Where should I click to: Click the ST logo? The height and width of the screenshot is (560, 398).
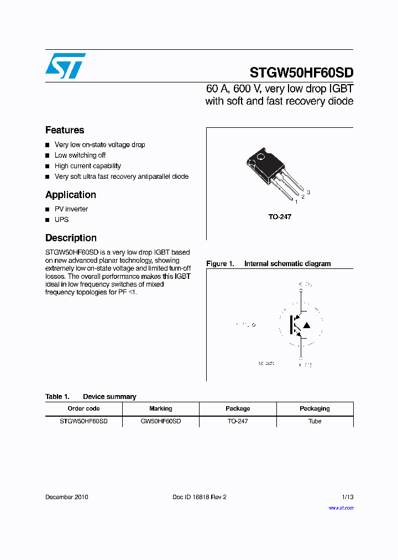(65, 66)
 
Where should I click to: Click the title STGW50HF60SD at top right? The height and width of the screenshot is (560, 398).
(301, 72)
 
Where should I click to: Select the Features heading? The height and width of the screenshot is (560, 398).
(65, 130)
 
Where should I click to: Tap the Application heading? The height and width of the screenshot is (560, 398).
(71, 195)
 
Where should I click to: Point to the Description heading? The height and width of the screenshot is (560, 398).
(71, 238)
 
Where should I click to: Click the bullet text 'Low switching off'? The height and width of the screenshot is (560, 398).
(80, 155)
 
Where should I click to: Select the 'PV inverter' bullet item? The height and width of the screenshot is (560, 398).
(71, 209)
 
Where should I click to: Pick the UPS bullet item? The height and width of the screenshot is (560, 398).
(62, 220)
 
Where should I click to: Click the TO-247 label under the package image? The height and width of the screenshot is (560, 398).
(280, 217)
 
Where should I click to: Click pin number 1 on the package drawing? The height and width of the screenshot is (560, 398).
(296, 202)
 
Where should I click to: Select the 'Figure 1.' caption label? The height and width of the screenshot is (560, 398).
(220, 264)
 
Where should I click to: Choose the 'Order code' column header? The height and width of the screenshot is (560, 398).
(83, 408)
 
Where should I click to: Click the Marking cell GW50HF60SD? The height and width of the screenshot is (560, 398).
(160, 421)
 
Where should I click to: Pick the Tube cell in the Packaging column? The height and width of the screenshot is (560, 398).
(315, 421)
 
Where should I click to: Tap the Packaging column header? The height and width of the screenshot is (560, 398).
(315, 408)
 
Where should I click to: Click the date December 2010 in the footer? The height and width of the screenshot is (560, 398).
(66, 497)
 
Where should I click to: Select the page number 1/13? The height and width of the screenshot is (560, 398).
(347, 497)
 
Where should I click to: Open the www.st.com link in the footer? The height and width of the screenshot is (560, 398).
(341, 507)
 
